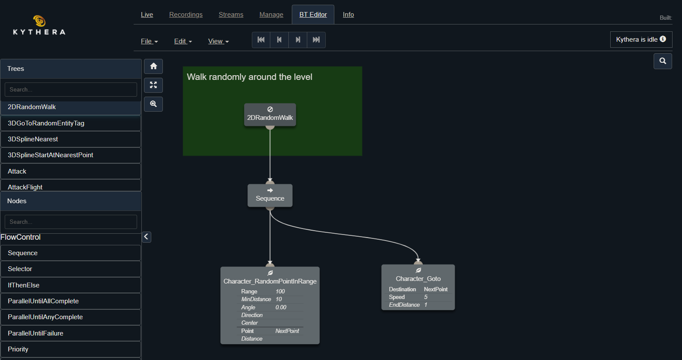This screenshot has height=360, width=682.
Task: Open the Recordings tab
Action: pos(186,15)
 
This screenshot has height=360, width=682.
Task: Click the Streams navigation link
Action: pos(231,15)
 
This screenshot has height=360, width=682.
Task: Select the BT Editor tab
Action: pos(313,15)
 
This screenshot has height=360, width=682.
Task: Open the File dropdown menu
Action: pos(149,41)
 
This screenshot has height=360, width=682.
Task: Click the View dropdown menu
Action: pos(218,41)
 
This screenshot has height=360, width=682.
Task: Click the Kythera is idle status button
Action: pos(641,40)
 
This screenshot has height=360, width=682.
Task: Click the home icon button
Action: pos(153,66)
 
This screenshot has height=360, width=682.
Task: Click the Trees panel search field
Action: pos(71,89)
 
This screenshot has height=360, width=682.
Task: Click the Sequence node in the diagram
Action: pos(270,196)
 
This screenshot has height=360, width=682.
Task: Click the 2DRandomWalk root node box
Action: pos(270,115)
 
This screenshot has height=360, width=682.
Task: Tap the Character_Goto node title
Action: pos(418,279)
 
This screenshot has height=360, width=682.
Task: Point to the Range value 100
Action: pos(280,291)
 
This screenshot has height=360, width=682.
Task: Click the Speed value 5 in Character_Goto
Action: pos(426,297)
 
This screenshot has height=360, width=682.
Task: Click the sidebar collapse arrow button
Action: pos(147,237)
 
